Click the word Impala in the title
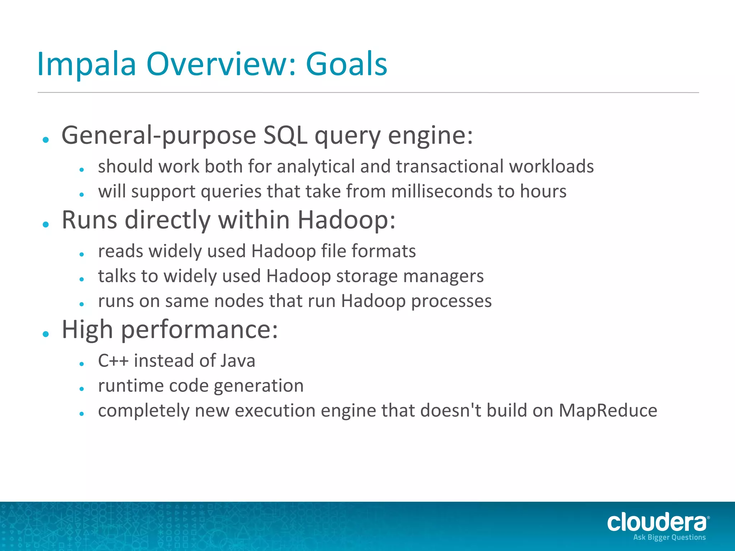(x=86, y=64)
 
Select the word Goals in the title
(x=346, y=64)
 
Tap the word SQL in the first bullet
(x=285, y=136)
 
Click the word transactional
(x=449, y=166)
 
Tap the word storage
(x=366, y=276)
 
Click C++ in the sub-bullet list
(x=113, y=361)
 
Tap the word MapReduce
(x=608, y=411)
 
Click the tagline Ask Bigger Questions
(x=669, y=537)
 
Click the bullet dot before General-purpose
(x=46, y=140)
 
